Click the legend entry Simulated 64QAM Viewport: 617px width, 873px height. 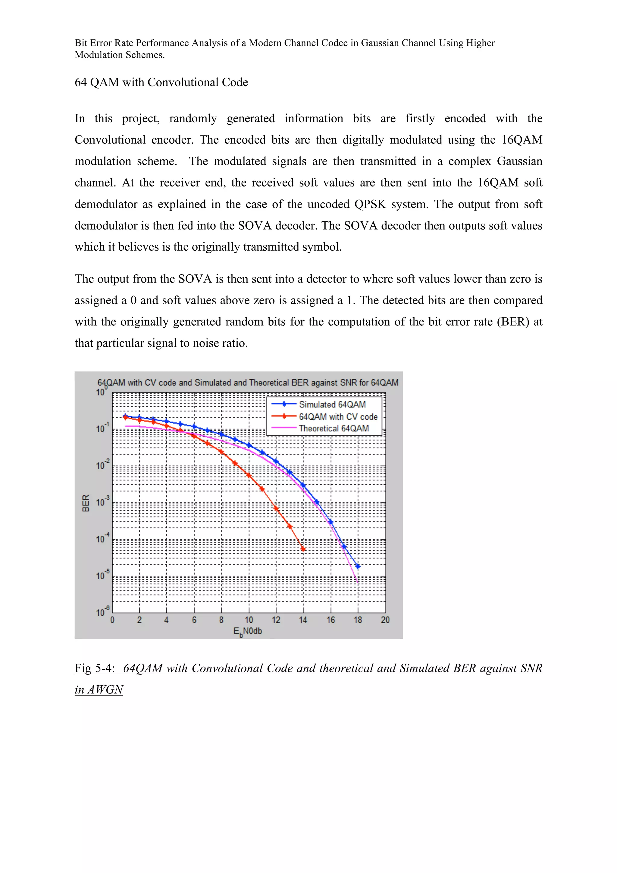pos(332,404)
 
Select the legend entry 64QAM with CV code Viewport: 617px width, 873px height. pos(338,416)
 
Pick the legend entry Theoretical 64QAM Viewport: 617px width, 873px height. pos(334,428)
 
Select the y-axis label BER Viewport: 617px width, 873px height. pos(86,503)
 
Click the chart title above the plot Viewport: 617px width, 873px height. pos(248,383)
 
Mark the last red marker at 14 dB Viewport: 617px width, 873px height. pos(303,549)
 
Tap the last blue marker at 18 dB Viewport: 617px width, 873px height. pos(358,566)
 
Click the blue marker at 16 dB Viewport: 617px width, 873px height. pos(330,522)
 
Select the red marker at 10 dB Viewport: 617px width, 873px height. pos(248,475)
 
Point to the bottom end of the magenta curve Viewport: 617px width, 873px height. pos(358,582)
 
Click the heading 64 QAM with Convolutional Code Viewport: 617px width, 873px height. pos(161,82)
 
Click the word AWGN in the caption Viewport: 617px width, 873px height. pos(105,689)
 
